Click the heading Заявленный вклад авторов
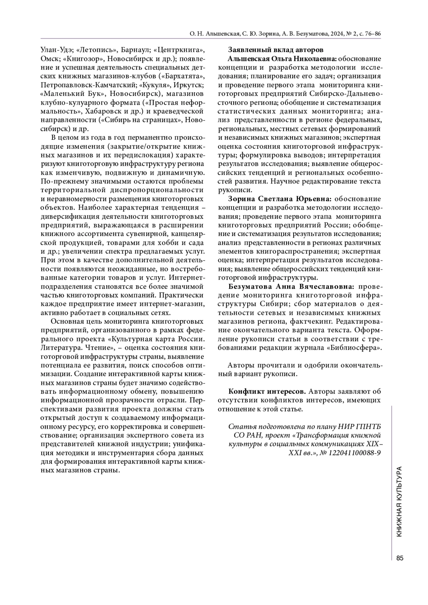(x=275, y=50)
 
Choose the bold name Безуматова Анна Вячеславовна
(x=291, y=286)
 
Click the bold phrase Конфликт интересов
(x=267, y=391)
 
